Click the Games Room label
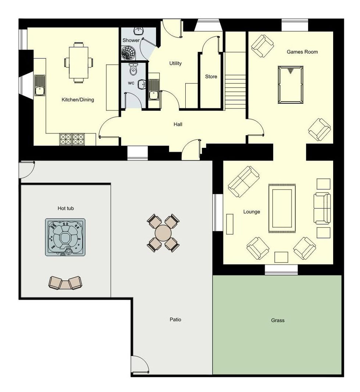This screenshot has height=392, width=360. tap(302, 52)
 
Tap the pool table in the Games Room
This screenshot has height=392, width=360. tap(291, 85)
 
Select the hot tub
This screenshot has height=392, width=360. tap(65, 237)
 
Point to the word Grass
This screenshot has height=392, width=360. tap(278, 320)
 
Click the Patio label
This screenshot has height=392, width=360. tap(175, 320)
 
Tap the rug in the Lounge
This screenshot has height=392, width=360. tap(282, 209)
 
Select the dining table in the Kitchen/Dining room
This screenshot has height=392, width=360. tap(78, 63)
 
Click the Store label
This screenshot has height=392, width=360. tap(211, 76)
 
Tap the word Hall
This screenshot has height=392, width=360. tap(178, 124)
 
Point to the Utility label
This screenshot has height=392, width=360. tap(175, 63)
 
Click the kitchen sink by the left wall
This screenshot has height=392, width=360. tap(40, 85)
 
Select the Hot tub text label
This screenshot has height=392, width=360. tap(65, 208)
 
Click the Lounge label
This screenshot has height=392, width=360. tap(252, 212)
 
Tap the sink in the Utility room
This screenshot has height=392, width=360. tap(154, 89)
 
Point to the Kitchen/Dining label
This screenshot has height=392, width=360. tap(78, 100)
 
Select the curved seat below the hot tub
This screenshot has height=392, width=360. tap(65, 283)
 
